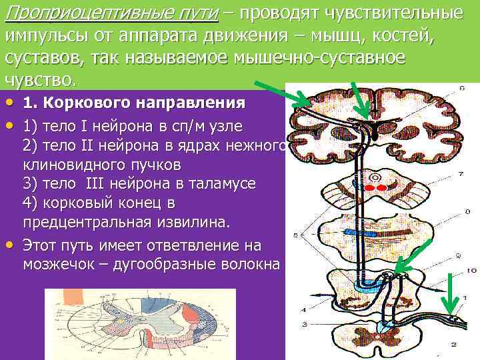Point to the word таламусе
[x=225, y=183]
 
